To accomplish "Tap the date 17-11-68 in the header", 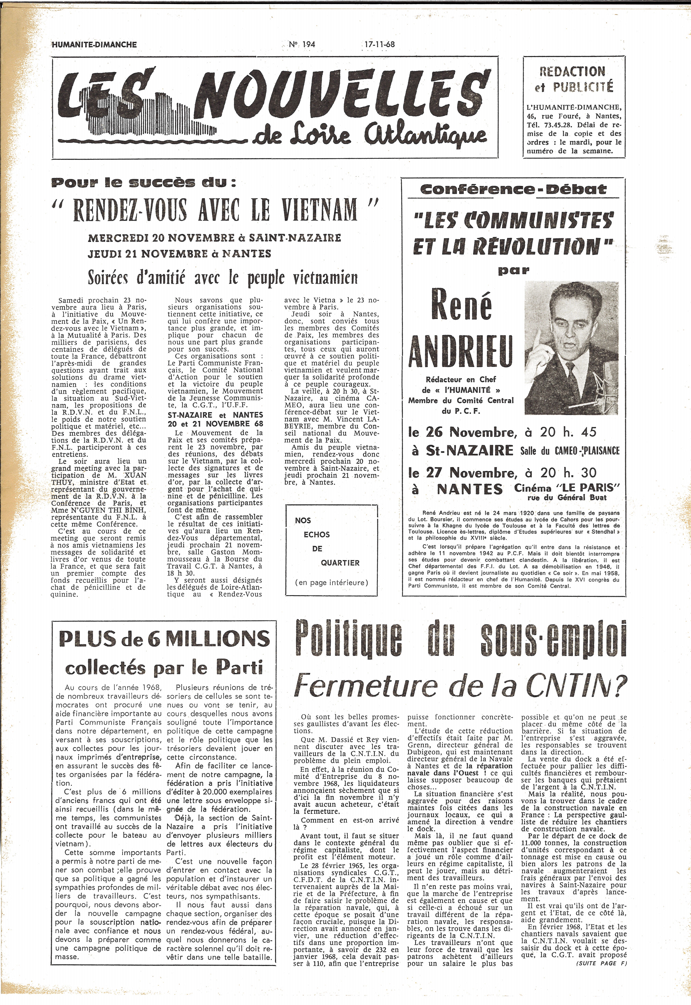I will tap(380, 44).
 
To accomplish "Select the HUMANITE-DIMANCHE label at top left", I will tap(94, 45).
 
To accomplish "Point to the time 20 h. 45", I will tap(568, 432).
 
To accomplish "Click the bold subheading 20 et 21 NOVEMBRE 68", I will tap(215, 424).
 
